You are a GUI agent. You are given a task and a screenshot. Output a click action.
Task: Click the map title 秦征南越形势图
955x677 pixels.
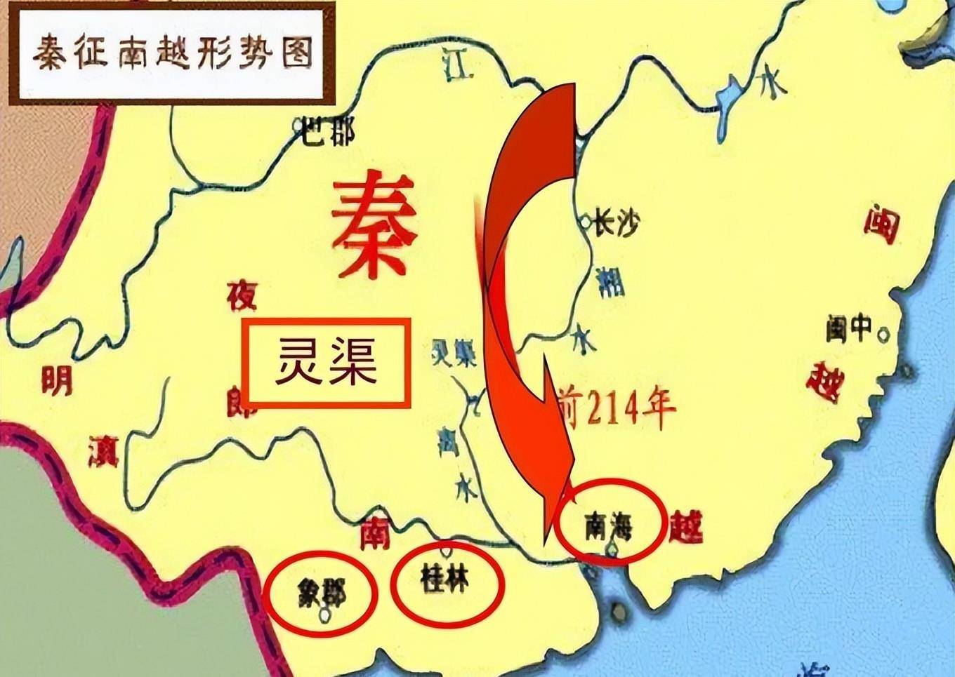pos(173,52)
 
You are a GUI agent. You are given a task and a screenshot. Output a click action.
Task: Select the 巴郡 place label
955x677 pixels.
pos(328,131)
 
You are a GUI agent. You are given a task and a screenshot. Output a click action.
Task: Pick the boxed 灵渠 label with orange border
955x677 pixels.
pos(327,362)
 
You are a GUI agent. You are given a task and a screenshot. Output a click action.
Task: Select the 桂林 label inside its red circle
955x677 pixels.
pos(445,581)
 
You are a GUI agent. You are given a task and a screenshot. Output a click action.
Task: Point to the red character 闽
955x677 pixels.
pos(881,224)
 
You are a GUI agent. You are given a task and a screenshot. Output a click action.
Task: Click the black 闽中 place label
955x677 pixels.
pos(849,328)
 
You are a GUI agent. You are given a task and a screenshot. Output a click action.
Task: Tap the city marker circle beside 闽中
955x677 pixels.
pos(884,335)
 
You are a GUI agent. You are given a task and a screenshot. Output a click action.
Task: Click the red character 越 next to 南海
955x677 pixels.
pos(685,525)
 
